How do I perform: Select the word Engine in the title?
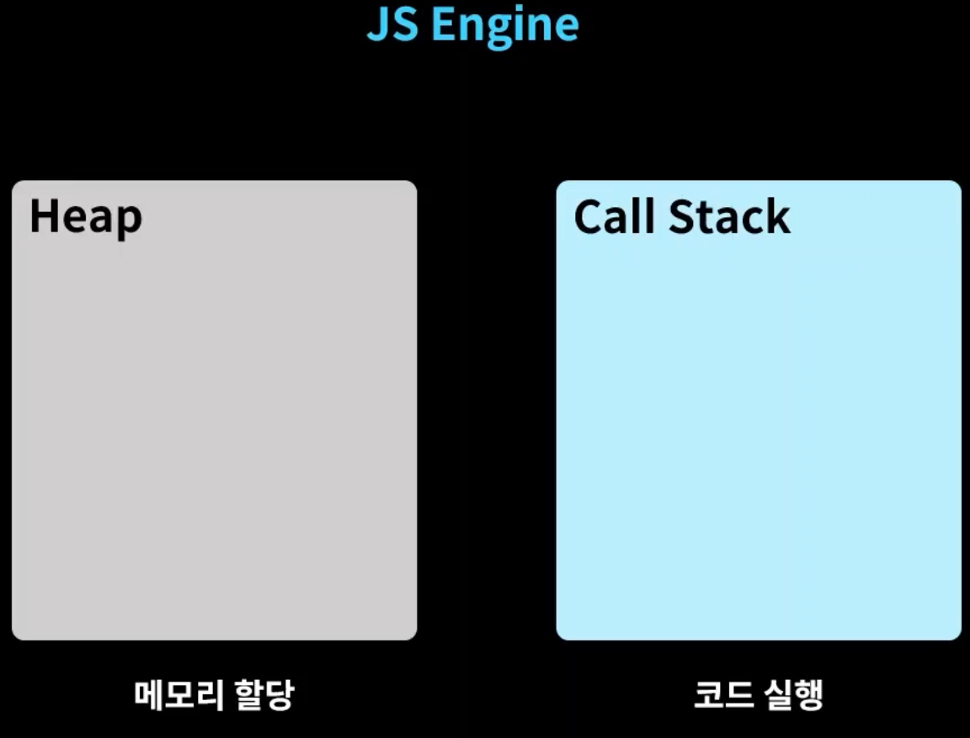click(x=504, y=27)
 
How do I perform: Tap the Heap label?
click(x=86, y=217)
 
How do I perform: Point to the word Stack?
click(x=729, y=216)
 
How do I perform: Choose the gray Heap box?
click(x=215, y=421)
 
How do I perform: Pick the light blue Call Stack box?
click(x=758, y=421)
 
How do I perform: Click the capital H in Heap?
click(x=43, y=216)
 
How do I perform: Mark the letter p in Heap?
click(x=129, y=220)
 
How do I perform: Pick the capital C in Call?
click(x=589, y=217)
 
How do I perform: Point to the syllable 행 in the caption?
click(x=808, y=696)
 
